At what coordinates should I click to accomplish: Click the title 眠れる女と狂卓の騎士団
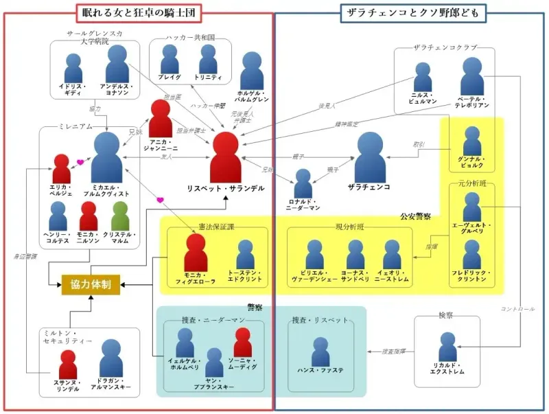(138, 12)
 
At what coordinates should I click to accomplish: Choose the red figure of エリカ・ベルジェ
(62, 169)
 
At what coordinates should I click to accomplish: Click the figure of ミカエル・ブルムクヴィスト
(106, 157)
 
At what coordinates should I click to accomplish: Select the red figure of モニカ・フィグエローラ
(196, 254)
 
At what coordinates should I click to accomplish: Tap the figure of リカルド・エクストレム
(448, 347)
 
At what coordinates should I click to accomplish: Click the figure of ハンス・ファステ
(320, 352)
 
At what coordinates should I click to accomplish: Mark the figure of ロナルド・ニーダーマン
(303, 184)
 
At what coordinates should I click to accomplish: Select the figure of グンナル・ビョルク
(472, 143)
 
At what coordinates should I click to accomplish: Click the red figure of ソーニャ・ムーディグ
(242, 343)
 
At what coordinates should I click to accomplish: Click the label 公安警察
(415, 216)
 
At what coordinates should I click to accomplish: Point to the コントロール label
(518, 308)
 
